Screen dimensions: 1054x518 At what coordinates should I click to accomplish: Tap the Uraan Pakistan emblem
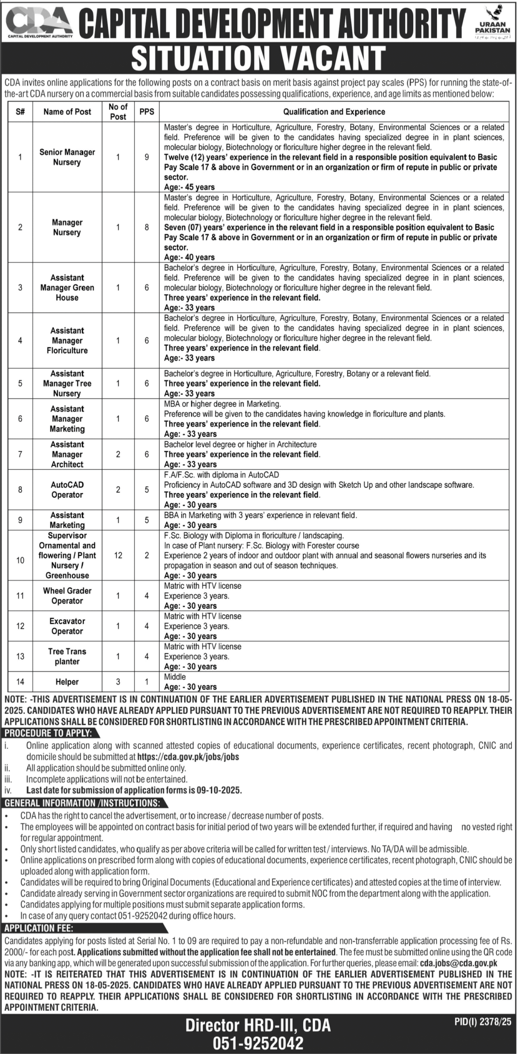492,22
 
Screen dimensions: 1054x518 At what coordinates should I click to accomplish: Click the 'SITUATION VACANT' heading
258,58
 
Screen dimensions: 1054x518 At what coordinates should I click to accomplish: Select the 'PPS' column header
146,112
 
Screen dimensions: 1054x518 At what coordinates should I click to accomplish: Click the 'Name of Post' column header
67,112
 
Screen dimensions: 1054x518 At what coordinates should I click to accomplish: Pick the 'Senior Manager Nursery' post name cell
67,157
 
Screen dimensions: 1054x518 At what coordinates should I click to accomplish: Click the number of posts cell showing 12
118,555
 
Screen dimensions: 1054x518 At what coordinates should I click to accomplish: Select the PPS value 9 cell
146,157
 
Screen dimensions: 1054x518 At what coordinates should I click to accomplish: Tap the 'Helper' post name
67,682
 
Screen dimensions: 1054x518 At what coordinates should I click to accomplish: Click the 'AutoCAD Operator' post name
67,490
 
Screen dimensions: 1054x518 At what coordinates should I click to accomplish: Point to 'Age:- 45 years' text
189,187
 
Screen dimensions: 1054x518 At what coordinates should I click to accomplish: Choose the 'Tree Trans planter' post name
67,656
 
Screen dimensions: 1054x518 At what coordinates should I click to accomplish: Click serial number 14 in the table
20,682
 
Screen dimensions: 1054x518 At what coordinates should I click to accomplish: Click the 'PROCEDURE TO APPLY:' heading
48,733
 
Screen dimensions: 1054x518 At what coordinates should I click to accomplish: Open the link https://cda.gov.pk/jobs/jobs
188,757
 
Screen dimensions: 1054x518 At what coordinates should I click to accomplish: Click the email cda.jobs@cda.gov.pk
458,951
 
